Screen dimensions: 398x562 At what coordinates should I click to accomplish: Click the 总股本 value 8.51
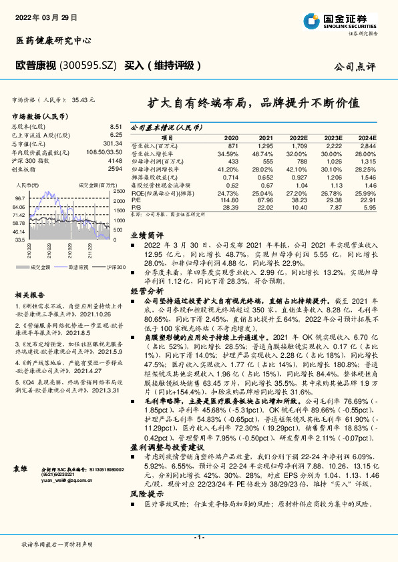click(x=116, y=126)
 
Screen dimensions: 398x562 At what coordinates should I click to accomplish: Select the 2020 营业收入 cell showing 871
click(x=232, y=146)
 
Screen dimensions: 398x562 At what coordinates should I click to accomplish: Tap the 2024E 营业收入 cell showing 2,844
click(x=369, y=146)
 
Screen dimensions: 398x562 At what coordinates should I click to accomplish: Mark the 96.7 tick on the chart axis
click(x=19, y=198)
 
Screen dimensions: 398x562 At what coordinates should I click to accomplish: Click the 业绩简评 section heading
click(x=146, y=236)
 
